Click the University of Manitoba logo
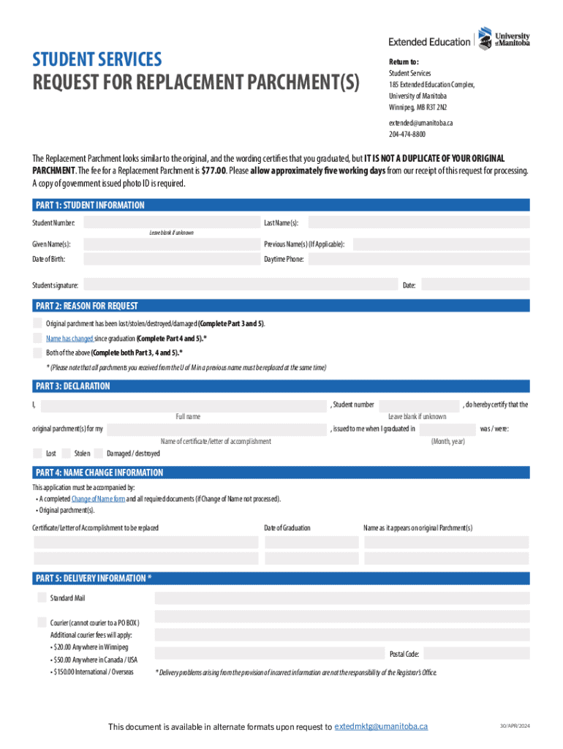(504, 38)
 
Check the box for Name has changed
(37, 338)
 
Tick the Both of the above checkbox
(37, 352)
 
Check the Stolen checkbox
(66, 453)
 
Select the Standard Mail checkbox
(42, 598)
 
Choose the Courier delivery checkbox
(42, 622)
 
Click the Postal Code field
(476, 654)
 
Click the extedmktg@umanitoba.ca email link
(381, 726)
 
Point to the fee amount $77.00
(213, 170)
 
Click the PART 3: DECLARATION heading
(72, 386)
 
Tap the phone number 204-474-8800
(407, 135)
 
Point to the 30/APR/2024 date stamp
(514, 726)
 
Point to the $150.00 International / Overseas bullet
(93, 671)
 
